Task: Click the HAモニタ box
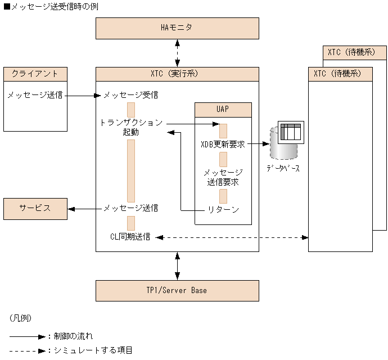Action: pos(177,28)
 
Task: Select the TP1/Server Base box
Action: pos(177,291)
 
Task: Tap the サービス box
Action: pos(35,209)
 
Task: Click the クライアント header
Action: pos(35,74)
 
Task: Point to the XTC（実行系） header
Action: pos(177,74)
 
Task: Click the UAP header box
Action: pos(223,110)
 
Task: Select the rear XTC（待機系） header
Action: pos(355,52)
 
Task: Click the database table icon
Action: pos(291,132)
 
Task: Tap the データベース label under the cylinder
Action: pos(283,168)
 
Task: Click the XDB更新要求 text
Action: pos(223,144)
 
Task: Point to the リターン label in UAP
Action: pos(223,210)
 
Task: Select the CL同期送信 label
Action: pos(130,237)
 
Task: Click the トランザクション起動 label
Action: pos(131,127)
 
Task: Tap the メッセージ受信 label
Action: pos(130,95)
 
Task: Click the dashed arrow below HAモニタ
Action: pos(177,53)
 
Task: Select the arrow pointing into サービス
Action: pos(84,209)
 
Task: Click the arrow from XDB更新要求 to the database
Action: pos(258,143)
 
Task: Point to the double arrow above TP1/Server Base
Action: pos(177,266)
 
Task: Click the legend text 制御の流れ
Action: pos(73,336)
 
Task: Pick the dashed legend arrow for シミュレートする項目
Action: pos(28,351)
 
